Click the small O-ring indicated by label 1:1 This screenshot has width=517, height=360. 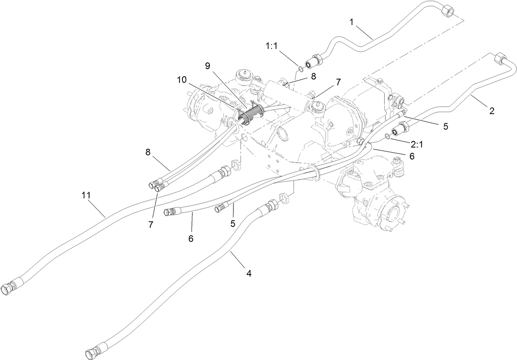coord(301,68)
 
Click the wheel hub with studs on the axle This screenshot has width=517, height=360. coord(390,214)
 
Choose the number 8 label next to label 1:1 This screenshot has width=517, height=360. coord(313,76)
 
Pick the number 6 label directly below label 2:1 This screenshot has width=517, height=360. coord(412,156)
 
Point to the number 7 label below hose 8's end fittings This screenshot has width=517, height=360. coord(151,224)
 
